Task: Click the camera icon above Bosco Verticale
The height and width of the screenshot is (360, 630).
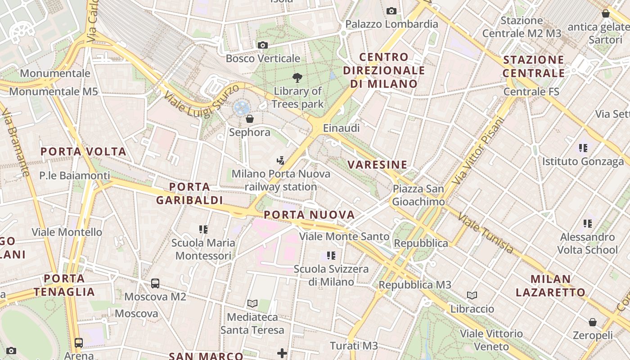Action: click(x=263, y=45)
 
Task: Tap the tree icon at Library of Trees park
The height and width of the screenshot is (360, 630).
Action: click(x=297, y=77)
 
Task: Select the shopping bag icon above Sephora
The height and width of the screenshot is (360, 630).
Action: click(x=250, y=119)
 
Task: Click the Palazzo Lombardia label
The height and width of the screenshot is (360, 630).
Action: click(x=391, y=24)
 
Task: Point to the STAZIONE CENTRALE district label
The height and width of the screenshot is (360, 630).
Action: click(x=534, y=66)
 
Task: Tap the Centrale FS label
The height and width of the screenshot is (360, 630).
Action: click(x=531, y=91)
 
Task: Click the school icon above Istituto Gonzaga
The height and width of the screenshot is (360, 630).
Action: click(x=583, y=148)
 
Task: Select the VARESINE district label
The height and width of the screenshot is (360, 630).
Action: click(x=378, y=165)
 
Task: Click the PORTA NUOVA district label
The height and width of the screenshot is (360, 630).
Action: click(x=309, y=215)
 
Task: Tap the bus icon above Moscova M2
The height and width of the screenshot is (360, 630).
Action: click(x=155, y=283)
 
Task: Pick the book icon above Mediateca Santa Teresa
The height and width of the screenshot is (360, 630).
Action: click(x=252, y=304)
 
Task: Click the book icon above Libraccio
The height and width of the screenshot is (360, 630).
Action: click(x=472, y=296)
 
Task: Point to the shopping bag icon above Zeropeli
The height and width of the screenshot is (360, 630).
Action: click(x=593, y=322)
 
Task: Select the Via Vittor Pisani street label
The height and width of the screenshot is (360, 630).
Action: click(x=478, y=151)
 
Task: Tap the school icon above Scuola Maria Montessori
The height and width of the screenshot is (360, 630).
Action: click(x=203, y=229)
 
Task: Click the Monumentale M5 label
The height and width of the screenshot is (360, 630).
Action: click(x=54, y=91)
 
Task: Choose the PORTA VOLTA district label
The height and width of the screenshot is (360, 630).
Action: click(x=84, y=152)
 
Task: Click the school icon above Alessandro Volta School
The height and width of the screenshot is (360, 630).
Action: click(x=587, y=223)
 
